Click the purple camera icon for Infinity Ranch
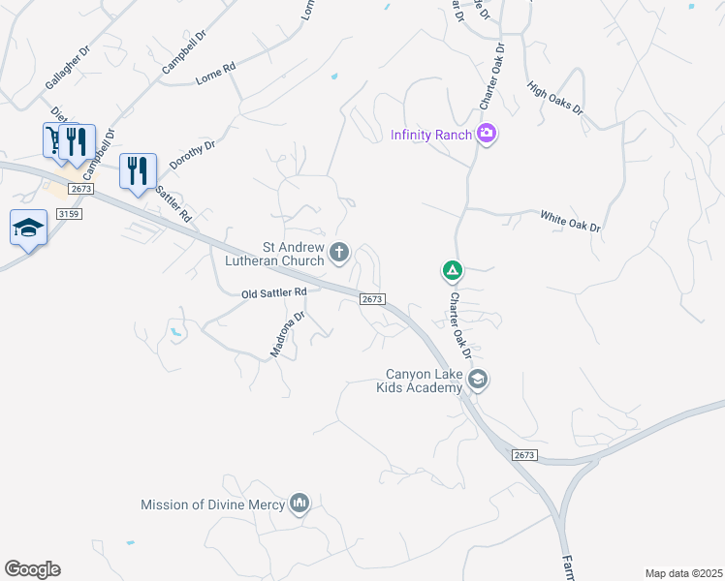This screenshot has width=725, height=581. tap(487, 134)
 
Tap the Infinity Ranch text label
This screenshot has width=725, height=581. tap(430, 135)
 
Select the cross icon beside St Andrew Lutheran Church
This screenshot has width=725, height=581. tap(339, 253)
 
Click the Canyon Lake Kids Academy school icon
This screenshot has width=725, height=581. tap(476, 380)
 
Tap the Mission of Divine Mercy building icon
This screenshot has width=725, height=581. tap(299, 504)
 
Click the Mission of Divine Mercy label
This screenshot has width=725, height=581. tap(213, 505)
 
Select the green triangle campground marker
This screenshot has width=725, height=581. tap(452, 270)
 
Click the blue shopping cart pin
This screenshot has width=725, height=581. tap(52, 139)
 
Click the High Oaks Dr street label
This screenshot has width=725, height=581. tap(555, 98)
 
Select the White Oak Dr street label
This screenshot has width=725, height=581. tap(570, 222)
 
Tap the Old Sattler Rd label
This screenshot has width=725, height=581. tap(274, 291)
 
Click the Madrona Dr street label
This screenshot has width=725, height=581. tap(288, 334)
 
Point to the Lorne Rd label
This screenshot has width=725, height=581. tap(215, 71)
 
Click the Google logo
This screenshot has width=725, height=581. tap(33, 569)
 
